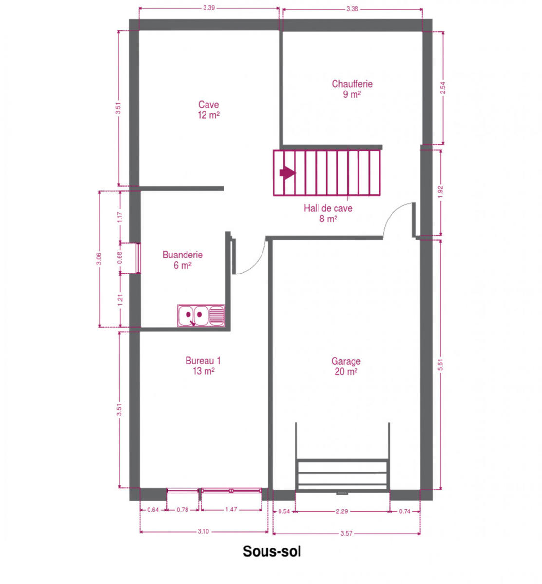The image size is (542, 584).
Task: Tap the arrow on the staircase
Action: click(287, 173)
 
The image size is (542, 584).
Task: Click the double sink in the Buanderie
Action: click(201, 315)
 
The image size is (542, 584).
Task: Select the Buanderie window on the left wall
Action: click(138, 258)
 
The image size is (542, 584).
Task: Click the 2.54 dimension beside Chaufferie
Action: click(442, 88)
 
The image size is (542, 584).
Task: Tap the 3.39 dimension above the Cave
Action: click(208, 8)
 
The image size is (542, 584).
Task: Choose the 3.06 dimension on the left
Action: click(99, 258)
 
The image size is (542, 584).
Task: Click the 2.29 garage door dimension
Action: click(341, 511)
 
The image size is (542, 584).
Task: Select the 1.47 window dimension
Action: click(231, 510)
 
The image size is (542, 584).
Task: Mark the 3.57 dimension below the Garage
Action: click(346, 534)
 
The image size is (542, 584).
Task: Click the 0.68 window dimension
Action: click(120, 258)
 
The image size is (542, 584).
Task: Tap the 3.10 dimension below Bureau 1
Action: click(203, 531)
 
